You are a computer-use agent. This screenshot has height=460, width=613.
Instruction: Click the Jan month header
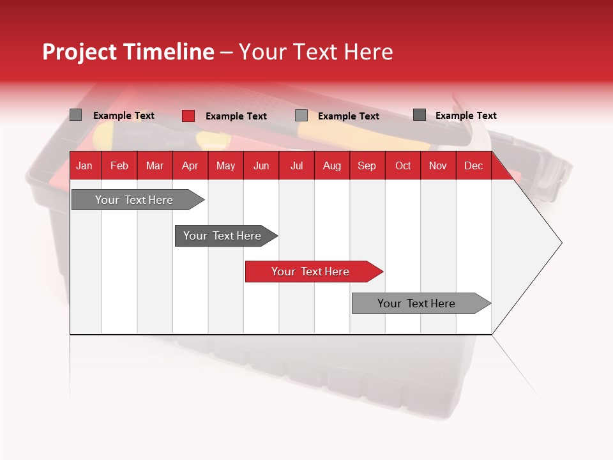click(x=84, y=166)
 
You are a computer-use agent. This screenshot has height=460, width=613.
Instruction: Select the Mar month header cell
click(x=155, y=166)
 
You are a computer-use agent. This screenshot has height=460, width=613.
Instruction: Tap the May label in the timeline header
click(x=225, y=166)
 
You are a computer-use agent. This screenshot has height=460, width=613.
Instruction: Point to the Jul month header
click(x=296, y=166)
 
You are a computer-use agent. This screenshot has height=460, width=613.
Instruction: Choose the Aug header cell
click(x=331, y=166)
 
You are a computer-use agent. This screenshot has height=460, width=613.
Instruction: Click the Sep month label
click(x=367, y=166)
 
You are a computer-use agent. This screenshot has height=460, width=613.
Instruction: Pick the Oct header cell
click(x=403, y=166)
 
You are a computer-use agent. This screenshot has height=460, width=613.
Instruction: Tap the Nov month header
click(x=438, y=166)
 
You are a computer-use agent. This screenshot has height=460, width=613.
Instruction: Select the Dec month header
click(x=473, y=166)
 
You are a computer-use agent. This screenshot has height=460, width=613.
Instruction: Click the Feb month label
click(x=119, y=166)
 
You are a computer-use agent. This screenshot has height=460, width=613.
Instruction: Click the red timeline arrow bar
click(x=313, y=272)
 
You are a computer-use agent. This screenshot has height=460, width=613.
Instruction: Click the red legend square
click(x=188, y=116)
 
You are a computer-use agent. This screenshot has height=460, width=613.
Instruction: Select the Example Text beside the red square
click(x=236, y=116)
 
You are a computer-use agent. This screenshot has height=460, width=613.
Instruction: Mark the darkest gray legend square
click(x=420, y=115)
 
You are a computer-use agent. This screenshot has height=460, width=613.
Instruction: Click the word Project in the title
click(x=80, y=52)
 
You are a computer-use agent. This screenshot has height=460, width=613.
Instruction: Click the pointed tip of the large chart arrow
click(x=560, y=243)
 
